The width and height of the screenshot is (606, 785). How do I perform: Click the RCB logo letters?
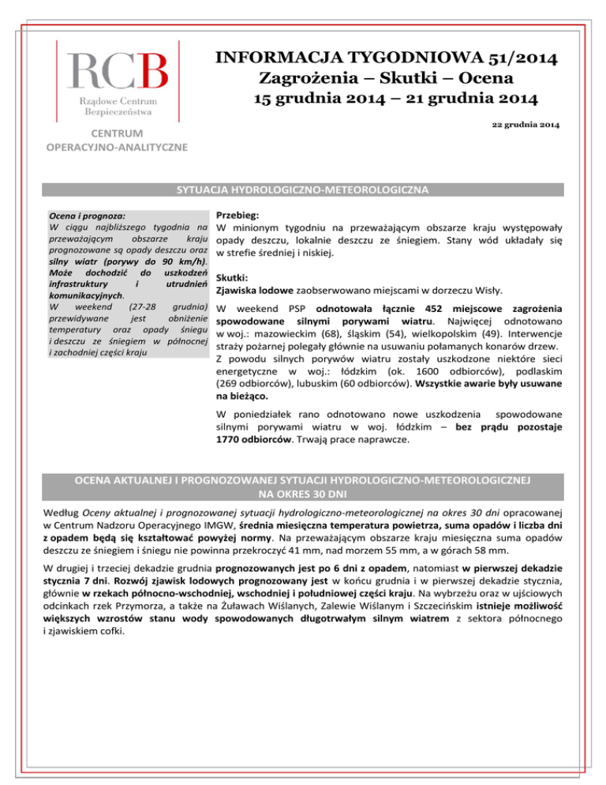coord(117,71)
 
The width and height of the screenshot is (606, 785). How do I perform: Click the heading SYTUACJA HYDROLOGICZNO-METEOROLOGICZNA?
coord(302,190)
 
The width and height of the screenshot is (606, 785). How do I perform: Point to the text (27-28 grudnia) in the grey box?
coord(168,306)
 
